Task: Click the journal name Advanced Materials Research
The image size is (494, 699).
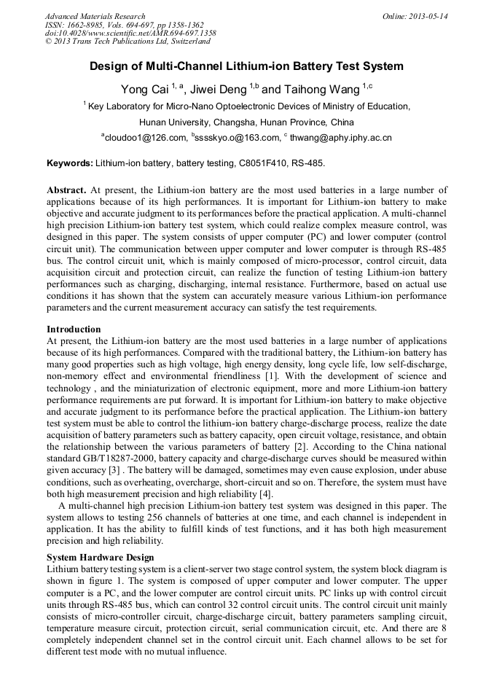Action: click(95, 16)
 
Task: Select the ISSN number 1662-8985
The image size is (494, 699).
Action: click(87, 25)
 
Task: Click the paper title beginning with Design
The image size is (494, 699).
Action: click(246, 66)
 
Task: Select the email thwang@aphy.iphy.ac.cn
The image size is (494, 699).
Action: click(340, 137)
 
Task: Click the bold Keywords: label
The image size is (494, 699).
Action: click(70, 163)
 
